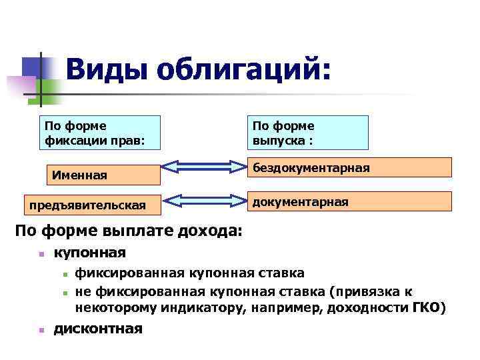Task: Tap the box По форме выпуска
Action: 309,132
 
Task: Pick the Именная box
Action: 103,175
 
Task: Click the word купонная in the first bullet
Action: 90,253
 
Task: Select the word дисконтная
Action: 98,328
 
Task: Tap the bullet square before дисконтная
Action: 41,329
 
